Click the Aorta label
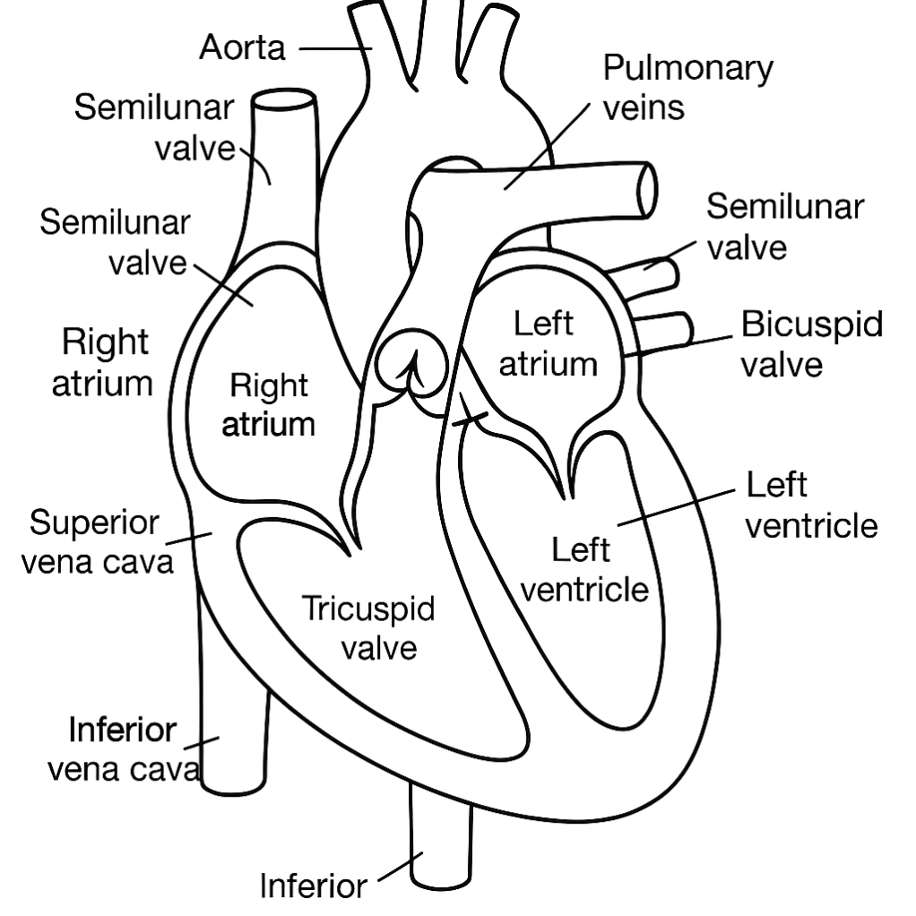(x=242, y=48)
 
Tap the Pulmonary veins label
(x=687, y=87)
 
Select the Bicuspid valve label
(x=811, y=344)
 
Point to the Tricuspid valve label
(x=367, y=627)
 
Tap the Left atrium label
(x=548, y=344)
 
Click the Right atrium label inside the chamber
(x=268, y=404)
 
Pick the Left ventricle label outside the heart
(x=811, y=505)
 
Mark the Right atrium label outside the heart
(x=104, y=362)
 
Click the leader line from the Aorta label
(x=333, y=48)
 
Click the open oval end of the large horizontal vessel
(x=646, y=189)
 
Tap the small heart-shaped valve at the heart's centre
(x=410, y=362)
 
